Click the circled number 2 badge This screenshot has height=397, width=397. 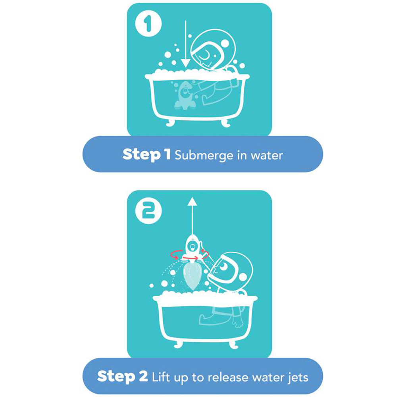[148, 211]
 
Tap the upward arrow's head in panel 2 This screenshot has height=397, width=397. [193, 202]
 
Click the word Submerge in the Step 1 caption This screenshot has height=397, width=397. [204, 156]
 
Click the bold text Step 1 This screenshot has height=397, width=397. [146, 154]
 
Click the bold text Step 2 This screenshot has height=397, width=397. [122, 376]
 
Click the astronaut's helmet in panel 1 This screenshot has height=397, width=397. [213, 51]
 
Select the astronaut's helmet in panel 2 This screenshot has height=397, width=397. [233, 269]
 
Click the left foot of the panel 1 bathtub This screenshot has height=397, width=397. [170, 122]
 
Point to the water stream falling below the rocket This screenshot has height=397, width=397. [192, 276]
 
